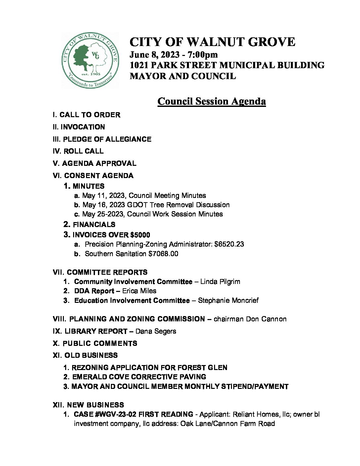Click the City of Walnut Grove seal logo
click(90, 60)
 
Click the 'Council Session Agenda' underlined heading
click(211, 101)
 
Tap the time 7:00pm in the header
click(203, 54)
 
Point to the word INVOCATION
click(83, 127)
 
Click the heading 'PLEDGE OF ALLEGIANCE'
click(107, 139)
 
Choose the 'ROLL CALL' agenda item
click(83, 151)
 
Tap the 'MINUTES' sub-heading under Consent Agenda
click(88, 186)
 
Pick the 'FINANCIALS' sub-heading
click(94, 225)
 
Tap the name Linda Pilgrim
click(220, 282)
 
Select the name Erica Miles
click(139, 291)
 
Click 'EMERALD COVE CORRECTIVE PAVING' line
click(139, 377)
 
